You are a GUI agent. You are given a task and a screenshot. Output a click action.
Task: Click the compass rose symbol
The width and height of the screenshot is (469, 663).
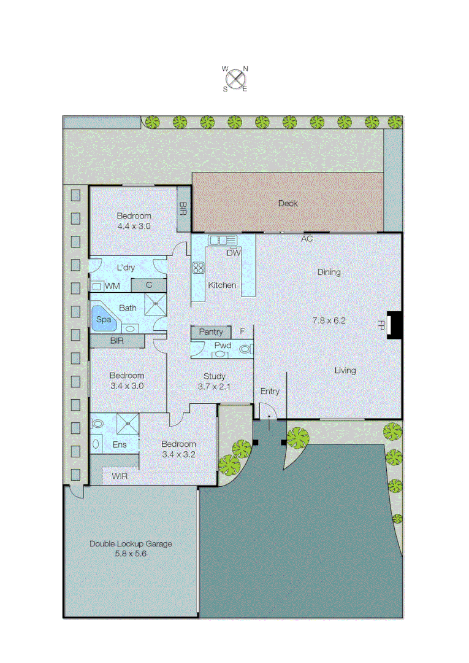click(235, 79)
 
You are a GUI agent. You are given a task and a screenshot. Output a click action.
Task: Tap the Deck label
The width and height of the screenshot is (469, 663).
click(288, 203)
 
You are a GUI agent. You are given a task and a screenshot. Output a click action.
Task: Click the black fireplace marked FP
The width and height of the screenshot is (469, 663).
click(395, 325)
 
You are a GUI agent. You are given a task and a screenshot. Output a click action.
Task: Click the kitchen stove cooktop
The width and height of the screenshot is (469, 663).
click(199, 267)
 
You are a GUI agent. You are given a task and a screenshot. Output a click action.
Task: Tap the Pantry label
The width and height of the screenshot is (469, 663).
click(211, 332)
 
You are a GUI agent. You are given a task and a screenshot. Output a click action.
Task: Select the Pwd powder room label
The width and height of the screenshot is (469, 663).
click(222, 346)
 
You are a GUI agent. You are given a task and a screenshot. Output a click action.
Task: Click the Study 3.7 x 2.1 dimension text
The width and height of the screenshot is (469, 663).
click(213, 386)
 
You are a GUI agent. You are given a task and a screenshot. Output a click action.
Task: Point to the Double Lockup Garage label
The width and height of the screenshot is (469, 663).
click(131, 544)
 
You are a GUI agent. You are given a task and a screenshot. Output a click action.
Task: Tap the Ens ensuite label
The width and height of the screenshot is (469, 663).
click(119, 444)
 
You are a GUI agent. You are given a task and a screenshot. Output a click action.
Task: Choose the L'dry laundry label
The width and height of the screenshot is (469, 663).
click(126, 268)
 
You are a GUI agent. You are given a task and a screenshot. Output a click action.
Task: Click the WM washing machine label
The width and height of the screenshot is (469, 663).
click(112, 286)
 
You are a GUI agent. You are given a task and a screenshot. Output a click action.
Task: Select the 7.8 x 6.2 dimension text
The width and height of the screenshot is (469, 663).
click(329, 320)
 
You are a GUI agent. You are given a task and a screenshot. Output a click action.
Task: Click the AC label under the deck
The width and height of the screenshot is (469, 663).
click(307, 239)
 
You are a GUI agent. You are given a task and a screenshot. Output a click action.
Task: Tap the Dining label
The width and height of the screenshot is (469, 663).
click(329, 273)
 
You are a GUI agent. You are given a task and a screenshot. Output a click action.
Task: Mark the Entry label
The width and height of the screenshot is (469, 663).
click(270, 392)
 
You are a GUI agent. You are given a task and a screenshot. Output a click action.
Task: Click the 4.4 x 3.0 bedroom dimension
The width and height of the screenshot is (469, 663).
click(134, 226)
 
